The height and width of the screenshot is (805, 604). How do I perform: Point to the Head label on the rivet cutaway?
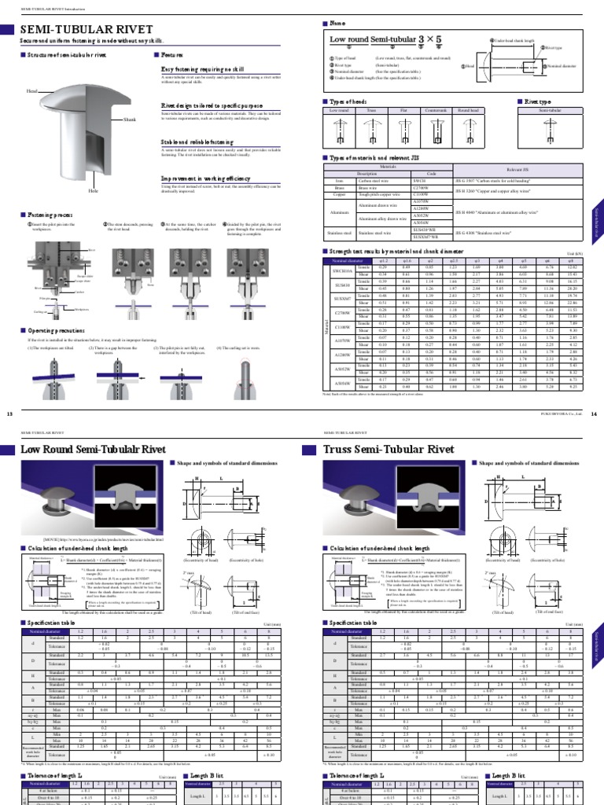tap(32, 92)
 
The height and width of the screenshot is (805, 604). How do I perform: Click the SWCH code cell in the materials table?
tap(419, 180)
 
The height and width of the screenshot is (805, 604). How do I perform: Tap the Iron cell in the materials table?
tap(340, 180)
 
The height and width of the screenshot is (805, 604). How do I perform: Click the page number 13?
tap(10, 414)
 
